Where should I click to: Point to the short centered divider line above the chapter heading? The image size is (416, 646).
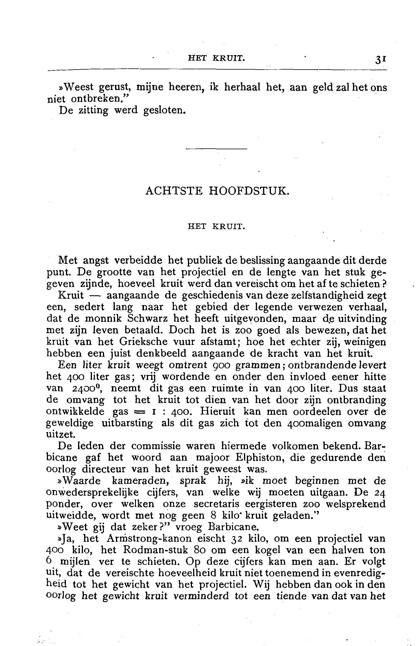click(x=217, y=149)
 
